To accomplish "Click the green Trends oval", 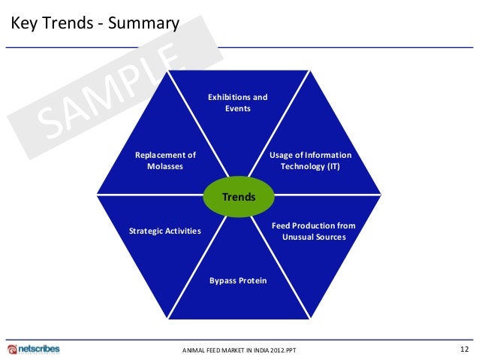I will click(239, 197).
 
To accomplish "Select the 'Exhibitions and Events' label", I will click(238, 103).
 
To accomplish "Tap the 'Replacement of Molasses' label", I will click(165, 161).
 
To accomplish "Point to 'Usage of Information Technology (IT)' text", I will click(310, 161).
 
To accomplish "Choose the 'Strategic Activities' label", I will click(165, 231).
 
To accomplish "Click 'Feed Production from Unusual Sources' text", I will click(313, 231).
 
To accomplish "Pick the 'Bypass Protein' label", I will click(238, 280).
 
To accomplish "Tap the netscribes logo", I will click(34, 349).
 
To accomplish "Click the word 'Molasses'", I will click(165, 166).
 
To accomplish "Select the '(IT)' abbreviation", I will click(331, 166).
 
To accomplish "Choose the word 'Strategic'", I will click(147, 231).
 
